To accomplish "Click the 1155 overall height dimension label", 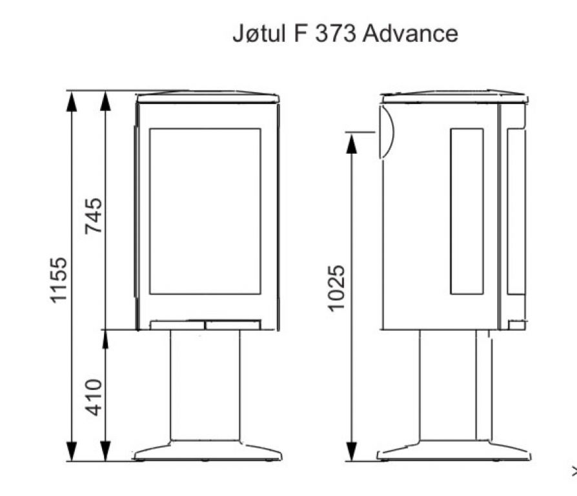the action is tap(59, 280).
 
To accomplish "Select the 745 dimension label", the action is tap(93, 216).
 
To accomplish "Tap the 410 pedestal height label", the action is tap(93, 397).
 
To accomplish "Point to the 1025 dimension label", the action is tap(336, 288).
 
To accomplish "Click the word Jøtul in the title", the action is tap(259, 33).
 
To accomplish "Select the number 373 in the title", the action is tap(336, 33).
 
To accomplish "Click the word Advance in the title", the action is tap(410, 33).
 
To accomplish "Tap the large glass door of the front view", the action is tap(205, 211).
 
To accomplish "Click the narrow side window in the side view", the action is tap(467, 211).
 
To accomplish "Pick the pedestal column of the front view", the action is tap(205, 385).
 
